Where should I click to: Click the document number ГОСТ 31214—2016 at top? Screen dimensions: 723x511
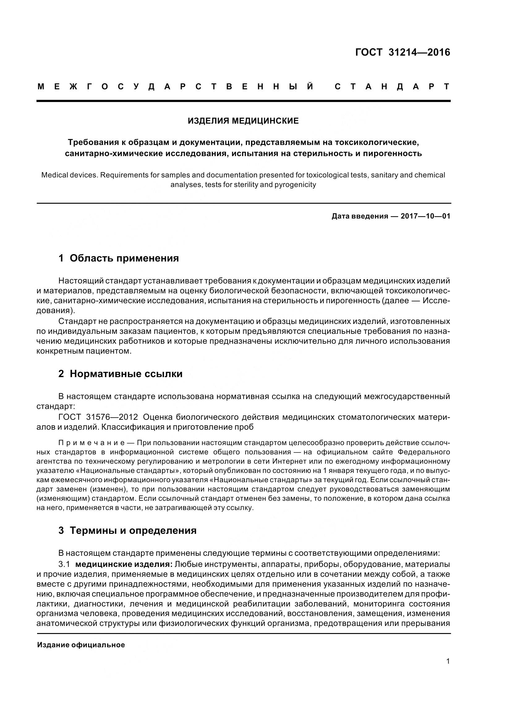[402, 52]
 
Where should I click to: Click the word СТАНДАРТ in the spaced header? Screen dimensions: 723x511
[392, 87]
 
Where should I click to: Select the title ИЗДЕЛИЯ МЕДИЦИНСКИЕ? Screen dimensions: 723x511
[243, 121]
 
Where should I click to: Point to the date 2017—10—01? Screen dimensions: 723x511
[425, 216]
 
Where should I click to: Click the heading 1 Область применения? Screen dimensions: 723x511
[119, 258]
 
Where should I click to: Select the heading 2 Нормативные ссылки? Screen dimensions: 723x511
[120, 374]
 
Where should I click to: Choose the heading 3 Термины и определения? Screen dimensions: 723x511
[127, 530]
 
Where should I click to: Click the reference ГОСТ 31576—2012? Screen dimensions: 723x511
[98, 417]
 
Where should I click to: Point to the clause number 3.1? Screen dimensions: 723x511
[64, 564]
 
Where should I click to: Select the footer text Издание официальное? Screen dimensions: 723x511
[81, 645]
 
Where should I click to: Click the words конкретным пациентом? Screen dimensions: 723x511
[83, 351]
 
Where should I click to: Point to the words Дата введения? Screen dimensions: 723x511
[360, 216]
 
